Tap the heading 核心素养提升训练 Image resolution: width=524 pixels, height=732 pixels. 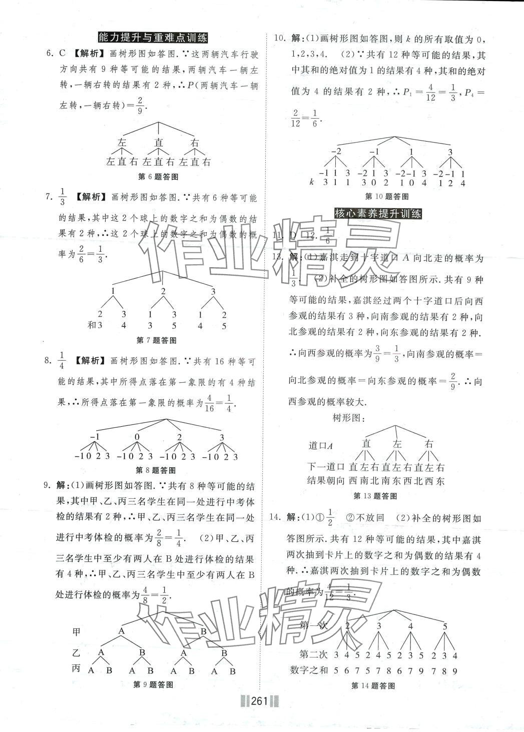point(377,214)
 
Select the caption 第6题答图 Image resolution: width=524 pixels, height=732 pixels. point(158,176)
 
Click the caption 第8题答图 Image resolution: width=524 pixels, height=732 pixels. point(156,470)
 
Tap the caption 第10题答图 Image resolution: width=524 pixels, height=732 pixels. point(387,197)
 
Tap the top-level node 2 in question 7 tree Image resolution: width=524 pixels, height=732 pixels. point(163,291)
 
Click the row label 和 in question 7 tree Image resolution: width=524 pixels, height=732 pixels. point(92,326)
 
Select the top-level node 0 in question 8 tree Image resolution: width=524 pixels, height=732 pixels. point(137,438)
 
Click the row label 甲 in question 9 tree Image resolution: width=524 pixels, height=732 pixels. point(76,632)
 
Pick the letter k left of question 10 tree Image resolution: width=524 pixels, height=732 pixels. point(311,183)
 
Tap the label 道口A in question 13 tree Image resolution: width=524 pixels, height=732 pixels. point(321,445)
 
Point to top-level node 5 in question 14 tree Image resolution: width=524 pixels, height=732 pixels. point(445,626)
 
